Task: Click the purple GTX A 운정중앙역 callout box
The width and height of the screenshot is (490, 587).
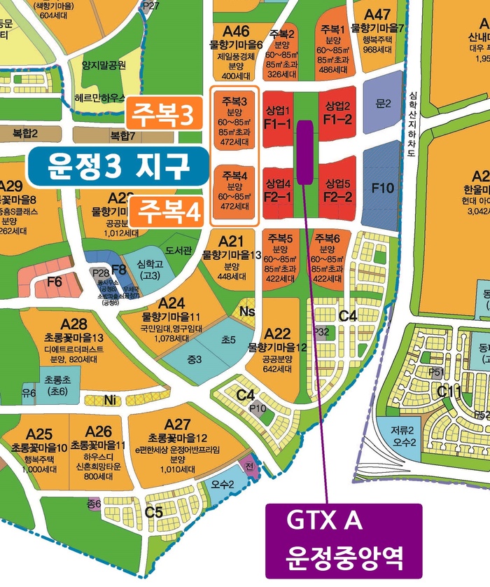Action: (344, 541)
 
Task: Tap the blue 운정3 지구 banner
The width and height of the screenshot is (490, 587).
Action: (118, 166)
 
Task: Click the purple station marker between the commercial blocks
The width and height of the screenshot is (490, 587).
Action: (305, 152)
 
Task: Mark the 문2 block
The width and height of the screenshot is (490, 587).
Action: (382, 104)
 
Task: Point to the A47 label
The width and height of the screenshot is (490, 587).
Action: (378, 15)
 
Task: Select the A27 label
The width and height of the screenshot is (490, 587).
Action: (177, 424)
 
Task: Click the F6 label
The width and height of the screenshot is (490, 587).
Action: (54, 282)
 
